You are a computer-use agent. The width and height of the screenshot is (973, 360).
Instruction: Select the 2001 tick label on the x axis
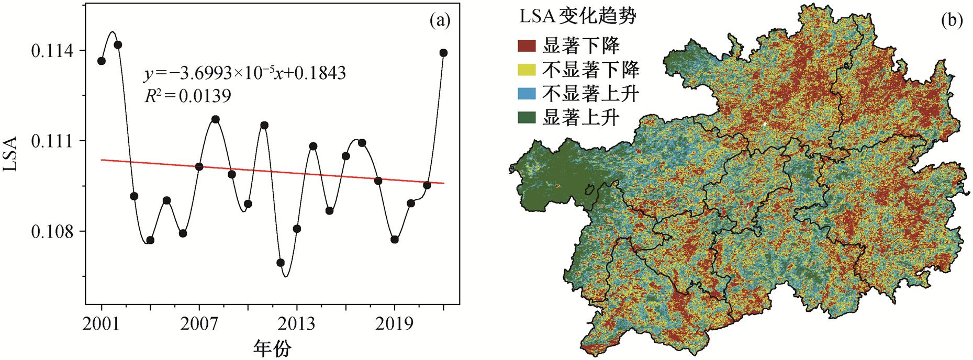click(102, 323)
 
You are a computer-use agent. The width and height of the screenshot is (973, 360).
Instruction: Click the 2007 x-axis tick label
click(199, 323)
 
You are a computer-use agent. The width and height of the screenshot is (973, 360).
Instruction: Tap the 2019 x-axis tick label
click(395, 323)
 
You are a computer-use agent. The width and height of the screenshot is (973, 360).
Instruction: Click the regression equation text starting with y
click(245, 73)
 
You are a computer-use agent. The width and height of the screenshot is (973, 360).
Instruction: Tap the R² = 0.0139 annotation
click(187, 95)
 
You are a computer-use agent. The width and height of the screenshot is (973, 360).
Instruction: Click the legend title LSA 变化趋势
click(577, 17)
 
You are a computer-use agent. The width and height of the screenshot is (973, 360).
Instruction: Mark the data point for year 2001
click(102, 61)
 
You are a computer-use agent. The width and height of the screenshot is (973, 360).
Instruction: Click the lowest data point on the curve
click(281, 262)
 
